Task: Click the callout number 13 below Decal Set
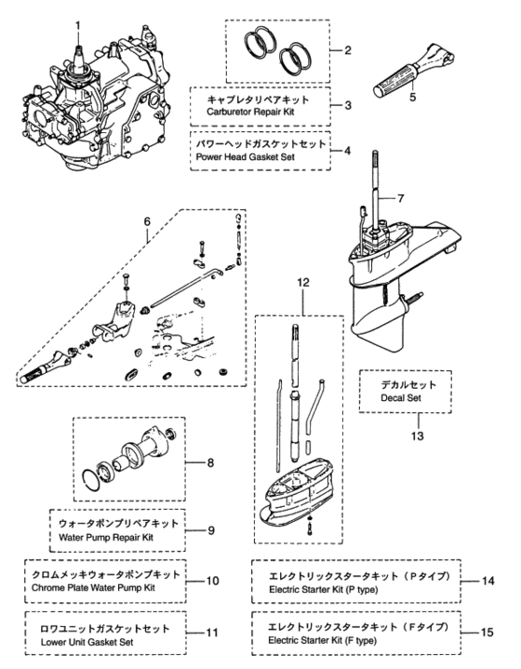point(406,434)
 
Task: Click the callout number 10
point(212,580)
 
